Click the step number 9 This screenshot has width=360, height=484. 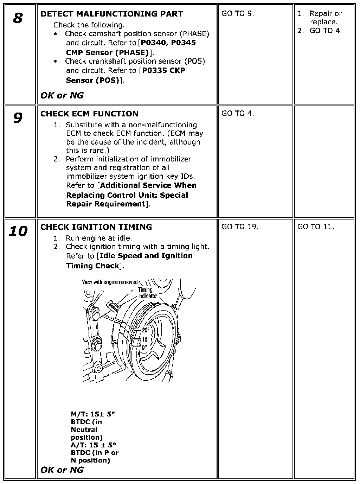point(18,118)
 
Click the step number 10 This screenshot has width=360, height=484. point(18,231)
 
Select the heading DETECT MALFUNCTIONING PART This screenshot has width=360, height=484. point(111,14)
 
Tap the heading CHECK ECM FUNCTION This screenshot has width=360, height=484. point(89,114)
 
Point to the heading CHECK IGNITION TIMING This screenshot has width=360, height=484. point(96,227)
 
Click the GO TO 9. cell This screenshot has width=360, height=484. point(238,14)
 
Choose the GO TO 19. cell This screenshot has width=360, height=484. point(240,227)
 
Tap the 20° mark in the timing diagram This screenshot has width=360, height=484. point(146,330)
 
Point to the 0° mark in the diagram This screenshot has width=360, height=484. point(144,347)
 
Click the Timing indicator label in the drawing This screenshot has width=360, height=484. point(147,293)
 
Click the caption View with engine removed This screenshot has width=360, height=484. point(109,282)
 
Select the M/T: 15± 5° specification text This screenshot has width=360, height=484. point(93,414)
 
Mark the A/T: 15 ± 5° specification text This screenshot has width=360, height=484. point(93,445)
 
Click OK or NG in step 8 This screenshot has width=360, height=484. point(62,95)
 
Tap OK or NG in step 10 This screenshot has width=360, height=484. point(62,470)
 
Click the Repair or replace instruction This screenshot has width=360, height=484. point(325,18)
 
